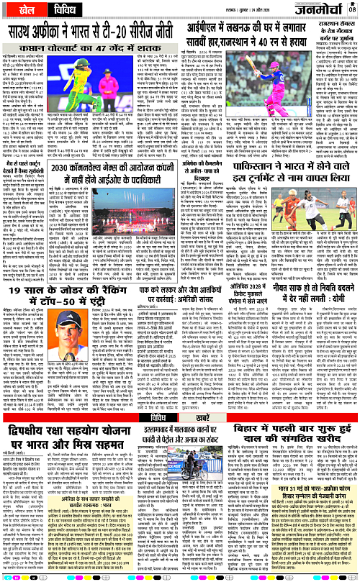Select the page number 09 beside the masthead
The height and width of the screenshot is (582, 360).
tap(353, 10)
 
